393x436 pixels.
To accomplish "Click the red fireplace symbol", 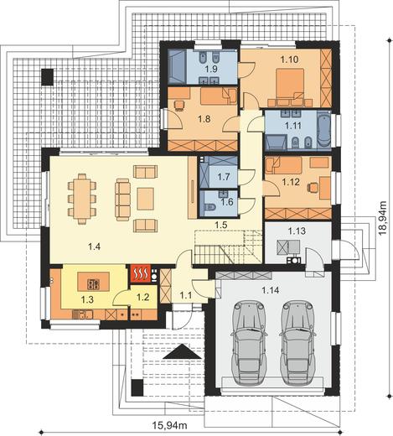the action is click(x=140, y=273).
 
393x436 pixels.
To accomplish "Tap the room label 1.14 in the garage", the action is click(x=270, y=290).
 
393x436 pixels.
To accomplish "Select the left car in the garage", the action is click(x=249, y=343).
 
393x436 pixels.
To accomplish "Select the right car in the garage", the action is click(x=297, y=343).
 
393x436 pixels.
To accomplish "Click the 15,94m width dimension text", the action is click(x=170, y=426).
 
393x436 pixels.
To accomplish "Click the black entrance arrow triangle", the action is click(x=182, y=351).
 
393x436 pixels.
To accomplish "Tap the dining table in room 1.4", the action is click(x=82, y=199).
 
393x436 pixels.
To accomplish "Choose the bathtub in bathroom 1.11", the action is click(x=323, y=131).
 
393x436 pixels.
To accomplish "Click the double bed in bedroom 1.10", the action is click(x=290, y=85).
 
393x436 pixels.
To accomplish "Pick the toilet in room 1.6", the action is click(x=209, y=208).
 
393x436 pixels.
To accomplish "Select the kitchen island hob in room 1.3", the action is click(x=93, y=284).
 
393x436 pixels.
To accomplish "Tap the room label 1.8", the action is click(x=204, y=119).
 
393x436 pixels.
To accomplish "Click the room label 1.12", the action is click(x=291, y=182).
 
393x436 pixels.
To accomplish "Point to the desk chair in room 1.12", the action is click(x=313, y=187).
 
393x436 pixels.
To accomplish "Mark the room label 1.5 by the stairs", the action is click(x=220, y=225).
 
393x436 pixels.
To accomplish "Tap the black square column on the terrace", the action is click(x=48, y=77).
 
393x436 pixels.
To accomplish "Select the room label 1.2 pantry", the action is click(x=142, y=297).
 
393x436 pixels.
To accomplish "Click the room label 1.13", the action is click(x=297, y=231).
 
